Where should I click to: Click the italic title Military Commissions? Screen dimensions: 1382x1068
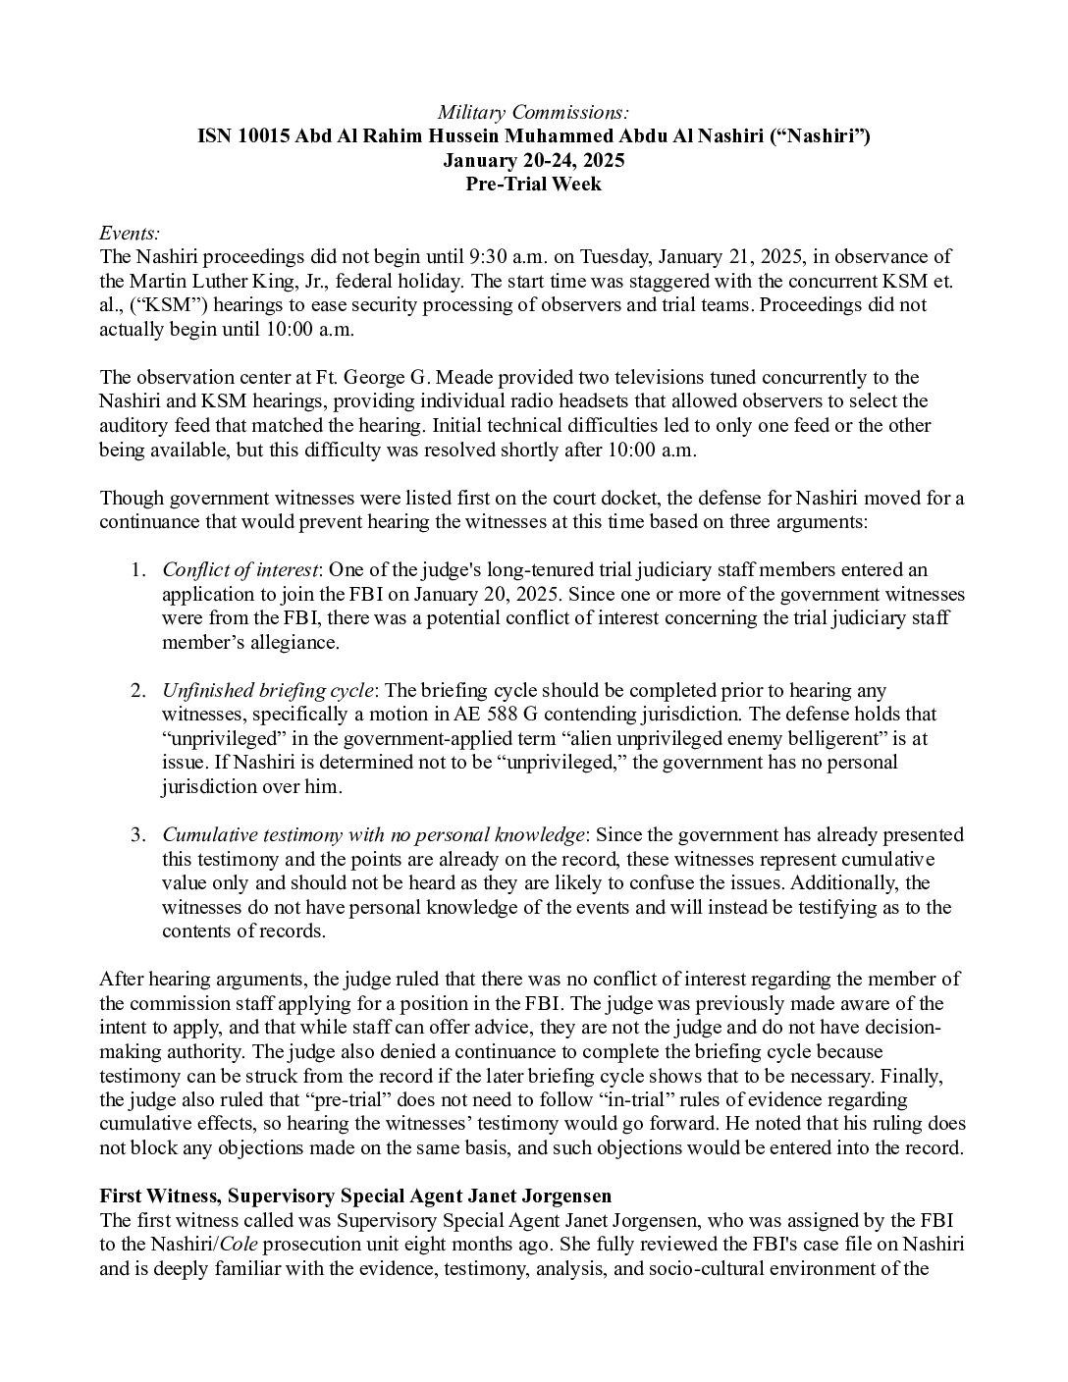click(533, 113)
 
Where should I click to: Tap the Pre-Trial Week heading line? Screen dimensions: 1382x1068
click(533, 184)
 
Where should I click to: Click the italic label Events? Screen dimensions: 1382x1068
click(130, 233)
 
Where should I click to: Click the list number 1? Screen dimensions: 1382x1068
click(138, 570)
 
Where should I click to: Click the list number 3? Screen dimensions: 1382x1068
click(138, 835)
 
